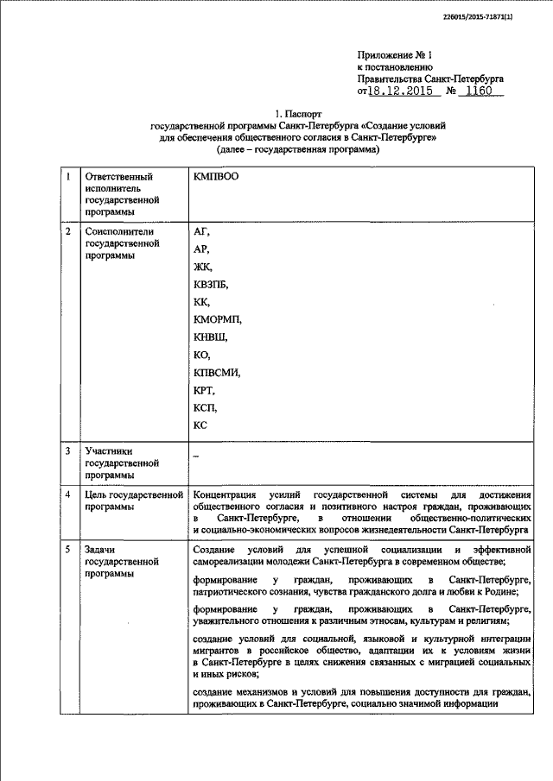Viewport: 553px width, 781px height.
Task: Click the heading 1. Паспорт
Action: click(298, 114)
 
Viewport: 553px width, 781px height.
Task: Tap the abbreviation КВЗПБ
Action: click(213, 284)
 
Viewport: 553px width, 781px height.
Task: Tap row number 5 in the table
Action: click(69, 549)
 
